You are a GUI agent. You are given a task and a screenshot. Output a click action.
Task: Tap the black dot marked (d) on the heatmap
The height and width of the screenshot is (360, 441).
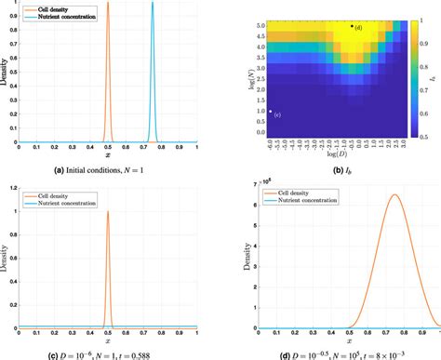352,26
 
